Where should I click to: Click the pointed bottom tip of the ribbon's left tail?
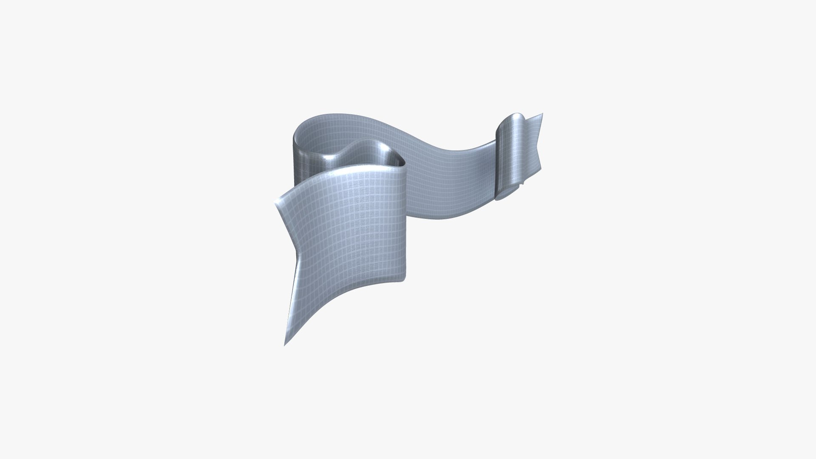(285, 344)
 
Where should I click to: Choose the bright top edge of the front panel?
(340, 174)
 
